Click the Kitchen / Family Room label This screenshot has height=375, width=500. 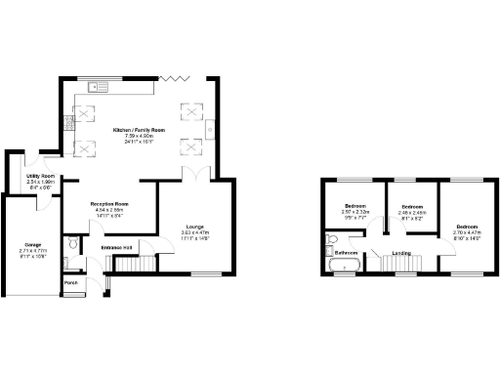(x=137, y=129)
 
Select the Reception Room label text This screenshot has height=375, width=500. (x=110, y=204)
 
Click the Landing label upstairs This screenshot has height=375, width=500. (x=400, y=254)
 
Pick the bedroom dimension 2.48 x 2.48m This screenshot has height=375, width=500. (x=412, y=214)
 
